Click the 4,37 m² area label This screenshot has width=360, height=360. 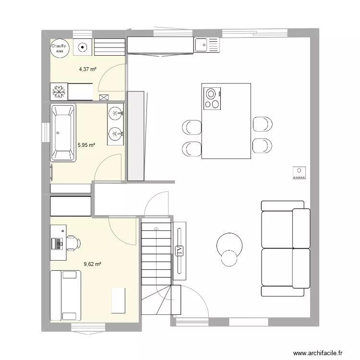point(88,70)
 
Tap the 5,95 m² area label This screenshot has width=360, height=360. point(86,144)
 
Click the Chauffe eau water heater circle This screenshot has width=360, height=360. point(61,47)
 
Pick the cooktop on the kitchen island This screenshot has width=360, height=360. point(212,98)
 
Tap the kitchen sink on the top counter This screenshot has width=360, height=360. point(206,45)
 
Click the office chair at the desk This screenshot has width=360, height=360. point(72,243)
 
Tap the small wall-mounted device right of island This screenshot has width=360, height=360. point(299,172)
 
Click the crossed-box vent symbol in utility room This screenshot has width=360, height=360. point(104,97)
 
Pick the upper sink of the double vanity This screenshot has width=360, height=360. point(116,113)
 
